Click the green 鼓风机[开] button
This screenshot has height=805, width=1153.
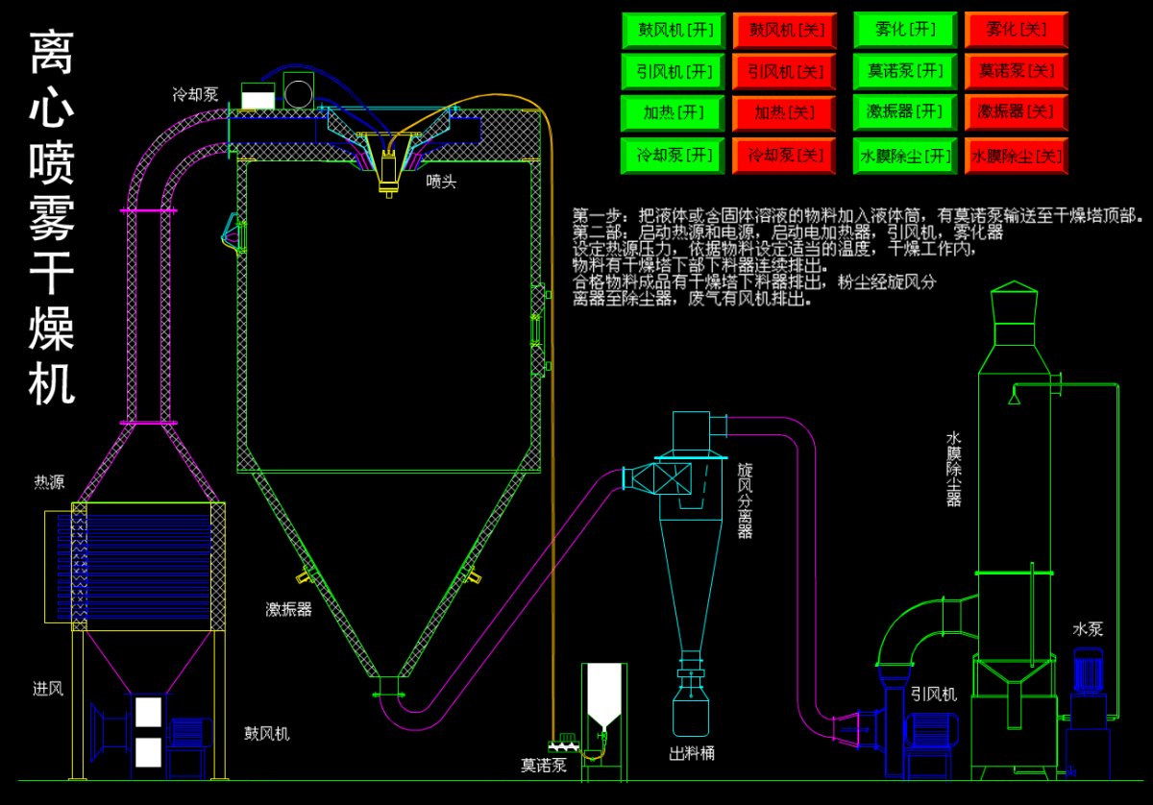(x=670, y=30)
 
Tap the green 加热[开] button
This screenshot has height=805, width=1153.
(x=670, y=112)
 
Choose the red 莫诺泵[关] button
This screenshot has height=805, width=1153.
(x=1018, y=71)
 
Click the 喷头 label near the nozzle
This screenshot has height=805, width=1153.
(x=442, y=180)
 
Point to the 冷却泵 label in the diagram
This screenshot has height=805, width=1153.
(x=195, y=94)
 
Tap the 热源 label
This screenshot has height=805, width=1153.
(x=49, y=482)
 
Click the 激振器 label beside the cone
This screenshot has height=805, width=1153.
(x=288, y=609)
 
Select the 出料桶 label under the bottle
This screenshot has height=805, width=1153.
(x=692, y=753)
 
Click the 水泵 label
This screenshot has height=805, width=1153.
(x=1088, y=629)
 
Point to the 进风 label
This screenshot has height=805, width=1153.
(x=48, y=688)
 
